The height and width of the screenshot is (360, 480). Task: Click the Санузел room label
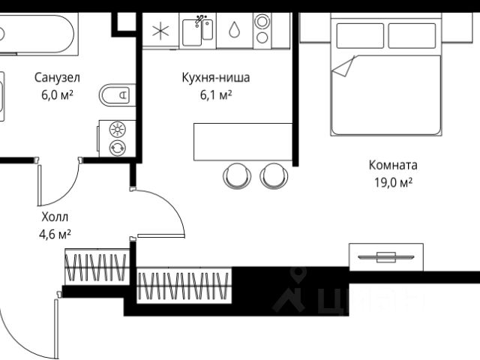pos(57,76)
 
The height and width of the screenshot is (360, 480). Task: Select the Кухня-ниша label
pos(215,76)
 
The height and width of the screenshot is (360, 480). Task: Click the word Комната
pos(393,165)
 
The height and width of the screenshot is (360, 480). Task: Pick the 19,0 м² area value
pos(393,183)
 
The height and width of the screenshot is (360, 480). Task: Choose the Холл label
pos(55,217)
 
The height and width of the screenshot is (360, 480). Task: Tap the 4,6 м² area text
pos(55,234)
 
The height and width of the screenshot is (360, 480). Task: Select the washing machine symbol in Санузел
pos(118,138)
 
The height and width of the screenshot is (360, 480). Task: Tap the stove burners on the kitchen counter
pos(262,30)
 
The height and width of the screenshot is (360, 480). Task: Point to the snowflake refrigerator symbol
pos(160,31)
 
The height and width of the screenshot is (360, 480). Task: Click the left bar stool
pos(238,175)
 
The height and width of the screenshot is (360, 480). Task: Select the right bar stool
pos(274,175)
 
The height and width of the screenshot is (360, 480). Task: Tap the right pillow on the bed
pos(412,35)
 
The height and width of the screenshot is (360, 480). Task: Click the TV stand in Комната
pos(386,257)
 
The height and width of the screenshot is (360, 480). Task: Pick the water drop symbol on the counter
pos(234,31)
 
